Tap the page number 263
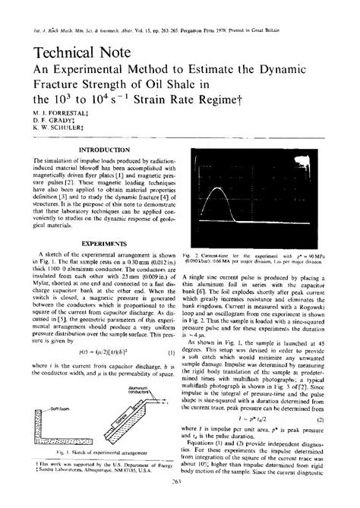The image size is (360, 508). pyautogui.click(x=180, y=502)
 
